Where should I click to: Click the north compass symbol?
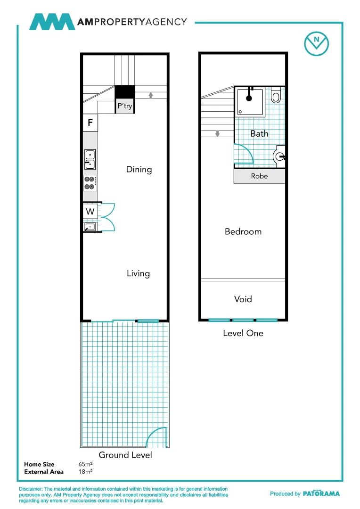316,42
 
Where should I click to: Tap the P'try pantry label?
125,107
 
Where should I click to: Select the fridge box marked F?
90,123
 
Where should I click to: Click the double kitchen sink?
90,159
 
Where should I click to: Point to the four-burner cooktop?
90,183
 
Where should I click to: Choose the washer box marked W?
90,212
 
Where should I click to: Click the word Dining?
139,169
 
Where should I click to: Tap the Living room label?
138,273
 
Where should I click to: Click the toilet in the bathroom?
276,97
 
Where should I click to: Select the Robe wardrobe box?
259,176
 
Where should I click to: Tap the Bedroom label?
243,231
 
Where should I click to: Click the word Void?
243,299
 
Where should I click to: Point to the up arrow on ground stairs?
151,95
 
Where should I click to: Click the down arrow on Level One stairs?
217,133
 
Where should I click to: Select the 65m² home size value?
85,464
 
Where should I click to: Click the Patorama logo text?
321,493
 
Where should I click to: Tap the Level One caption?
243,333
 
